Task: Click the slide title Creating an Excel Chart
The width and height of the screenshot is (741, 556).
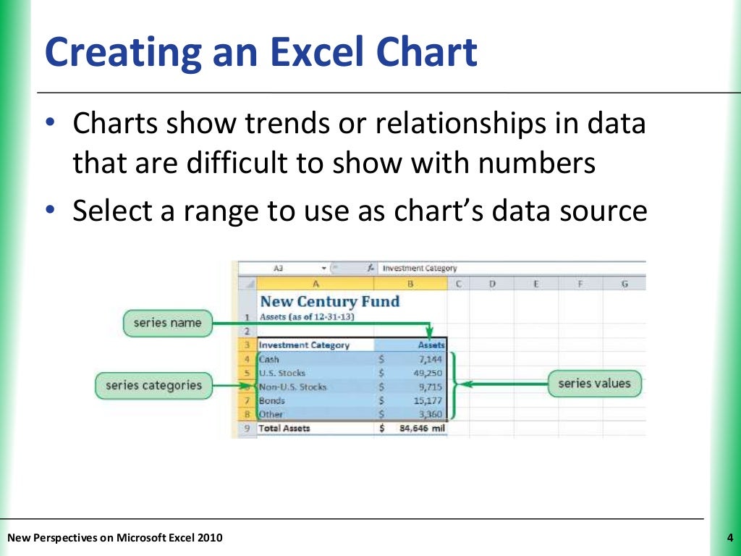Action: tap(261, 53)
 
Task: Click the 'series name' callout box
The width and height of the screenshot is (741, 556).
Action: tap(167, 323)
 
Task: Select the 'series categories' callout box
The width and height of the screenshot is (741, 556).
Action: tap(153, 385)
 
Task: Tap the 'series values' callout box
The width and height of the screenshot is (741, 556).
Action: tap(594, 384)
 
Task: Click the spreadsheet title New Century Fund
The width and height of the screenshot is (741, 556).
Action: tap(329, 301)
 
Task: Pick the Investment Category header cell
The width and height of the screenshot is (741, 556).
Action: tap(304, 345)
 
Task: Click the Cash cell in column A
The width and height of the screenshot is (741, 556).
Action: tap(269, 359)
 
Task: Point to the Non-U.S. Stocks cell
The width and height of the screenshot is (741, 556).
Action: tap(293, 387)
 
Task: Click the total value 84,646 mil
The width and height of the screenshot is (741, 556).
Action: tap(423, 428)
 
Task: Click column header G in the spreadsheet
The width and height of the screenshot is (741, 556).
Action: tap(624, 285)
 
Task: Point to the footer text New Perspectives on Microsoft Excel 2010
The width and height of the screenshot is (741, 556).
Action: tap(115, 537)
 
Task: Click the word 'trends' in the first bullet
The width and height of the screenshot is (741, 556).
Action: tap(274, 124)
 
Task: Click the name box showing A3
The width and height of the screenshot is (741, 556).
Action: tap(279, 268)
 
